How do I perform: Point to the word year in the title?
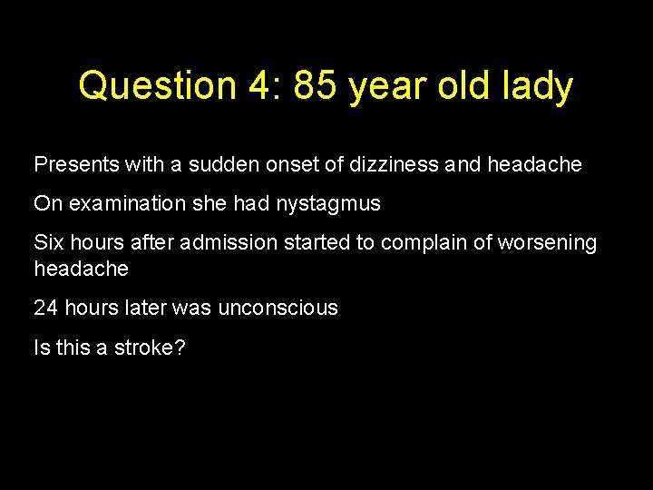(x=373, y=86)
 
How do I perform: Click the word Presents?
(x=73, y=165)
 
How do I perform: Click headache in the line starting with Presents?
(x=534, y=165)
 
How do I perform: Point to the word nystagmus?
(x=327, y=204)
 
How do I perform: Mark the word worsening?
(x=542, y=243)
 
